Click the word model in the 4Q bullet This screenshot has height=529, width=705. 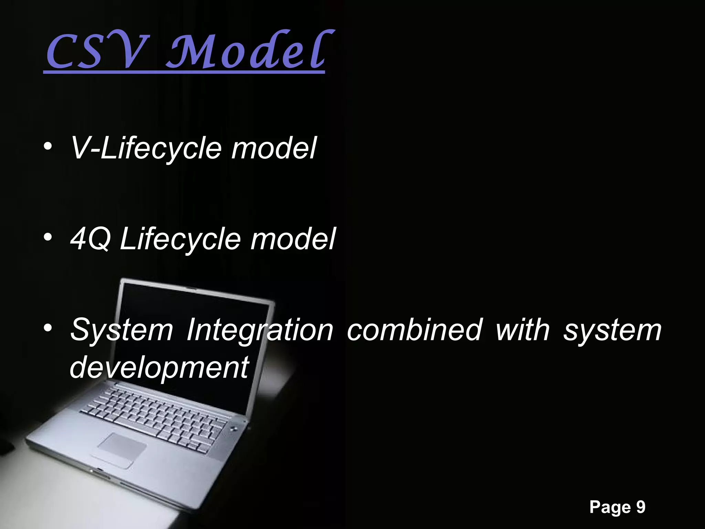[x=293, y=239]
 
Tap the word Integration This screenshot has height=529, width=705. [x=260, y=330]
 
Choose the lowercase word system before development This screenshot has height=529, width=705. [x=612, y=330]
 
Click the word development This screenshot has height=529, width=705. [x=159, y=368]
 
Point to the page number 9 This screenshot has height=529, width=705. [x=641, y=507]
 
